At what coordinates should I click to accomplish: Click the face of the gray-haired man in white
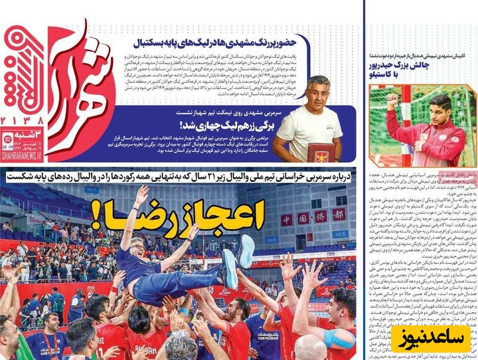coord(319,92)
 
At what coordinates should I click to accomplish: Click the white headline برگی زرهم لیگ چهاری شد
coord(220,124)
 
